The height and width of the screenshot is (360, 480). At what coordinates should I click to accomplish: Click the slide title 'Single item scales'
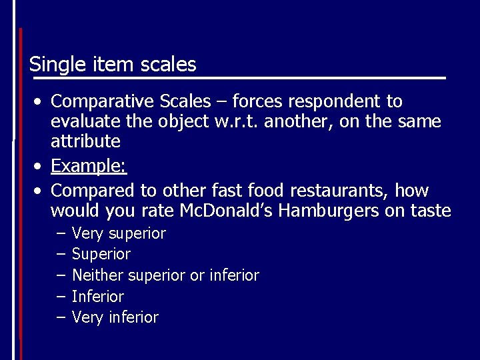coord(113,65)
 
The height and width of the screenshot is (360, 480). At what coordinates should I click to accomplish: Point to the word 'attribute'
coord(85,142)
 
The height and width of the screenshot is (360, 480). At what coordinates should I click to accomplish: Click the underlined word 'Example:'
coord(88,165)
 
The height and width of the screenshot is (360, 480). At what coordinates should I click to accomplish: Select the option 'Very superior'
coord(119,234)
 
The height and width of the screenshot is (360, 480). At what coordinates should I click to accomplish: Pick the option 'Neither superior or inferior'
coord(165,275)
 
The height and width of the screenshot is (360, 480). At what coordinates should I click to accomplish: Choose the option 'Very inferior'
coord(115,317)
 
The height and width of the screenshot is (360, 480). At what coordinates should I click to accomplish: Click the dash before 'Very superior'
coord(61,234)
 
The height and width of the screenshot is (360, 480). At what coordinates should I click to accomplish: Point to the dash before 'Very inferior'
coord(61,317)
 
